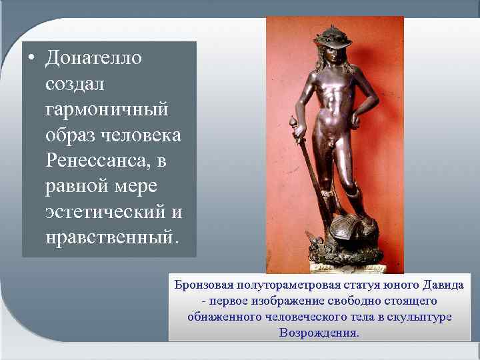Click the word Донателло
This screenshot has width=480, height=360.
pyautogui.click(x=94, y=59)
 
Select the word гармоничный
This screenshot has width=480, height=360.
pyautogui.click(x=107, y=108)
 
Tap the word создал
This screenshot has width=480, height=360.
pyautogui.click(x=72, y=84)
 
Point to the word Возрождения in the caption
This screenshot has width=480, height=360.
pyautogui.click(x=319, y=333)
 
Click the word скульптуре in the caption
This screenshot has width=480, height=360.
pyautogui.click(x=419, y=317)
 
